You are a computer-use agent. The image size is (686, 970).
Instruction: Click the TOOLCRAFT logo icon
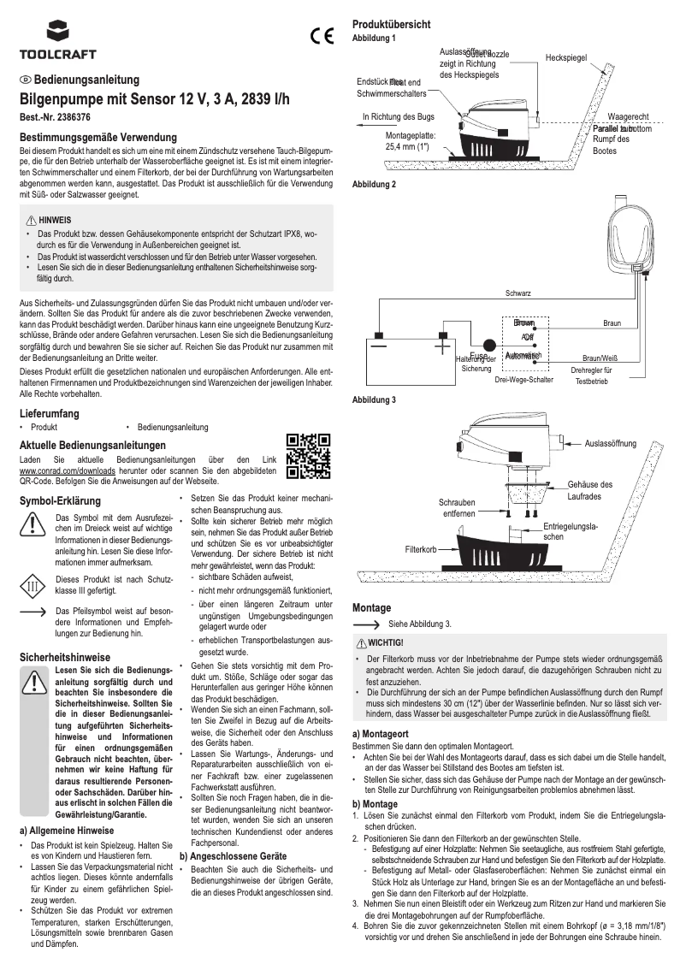pos(59,33)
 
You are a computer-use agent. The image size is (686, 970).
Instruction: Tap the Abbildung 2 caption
pos(374,184)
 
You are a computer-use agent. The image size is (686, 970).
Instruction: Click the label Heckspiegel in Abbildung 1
pos(565,57)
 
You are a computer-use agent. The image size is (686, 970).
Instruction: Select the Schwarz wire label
pos(518,293)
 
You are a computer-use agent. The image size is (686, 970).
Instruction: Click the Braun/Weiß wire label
pos(600,358)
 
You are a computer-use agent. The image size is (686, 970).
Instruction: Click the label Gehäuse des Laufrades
pos(589,490)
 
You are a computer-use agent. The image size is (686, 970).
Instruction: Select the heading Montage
pos(371,607)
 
